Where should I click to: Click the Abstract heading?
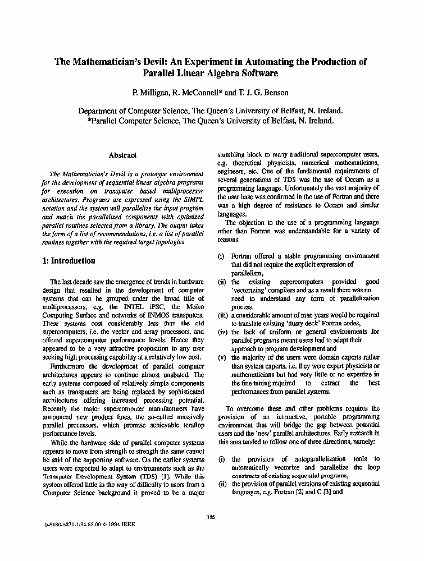pos(122,155)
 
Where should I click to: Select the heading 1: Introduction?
pos(69,261)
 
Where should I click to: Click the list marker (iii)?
pos(223,315)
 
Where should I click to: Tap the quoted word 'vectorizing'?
pos(252,291)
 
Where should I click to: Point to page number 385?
pos(211,517)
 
